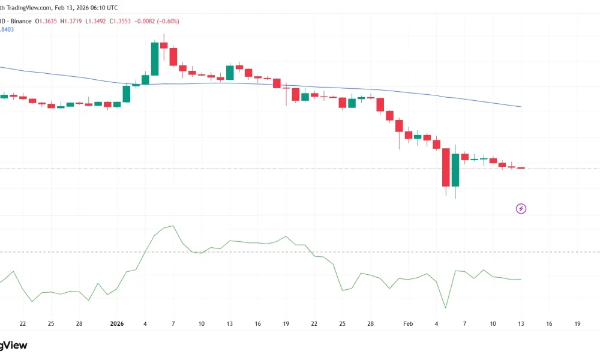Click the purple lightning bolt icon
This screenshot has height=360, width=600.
coord(521,209)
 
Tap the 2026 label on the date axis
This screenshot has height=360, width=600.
coord(117,324)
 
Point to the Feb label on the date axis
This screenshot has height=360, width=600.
coord(408,324)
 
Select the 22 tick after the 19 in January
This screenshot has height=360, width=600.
coord(314,324)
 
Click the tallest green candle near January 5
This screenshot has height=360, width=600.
coord(154,59)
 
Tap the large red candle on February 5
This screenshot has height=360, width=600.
coord(446,167)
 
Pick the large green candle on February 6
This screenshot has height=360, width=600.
coord(455,170)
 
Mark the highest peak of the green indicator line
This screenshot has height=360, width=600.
coord(173,226)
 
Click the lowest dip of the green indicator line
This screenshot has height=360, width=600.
coord(446,308)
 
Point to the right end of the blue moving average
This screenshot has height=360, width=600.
coord(520,107)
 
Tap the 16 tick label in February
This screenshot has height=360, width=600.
coord(549,324)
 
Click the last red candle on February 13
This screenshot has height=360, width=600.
coord(521,168)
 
